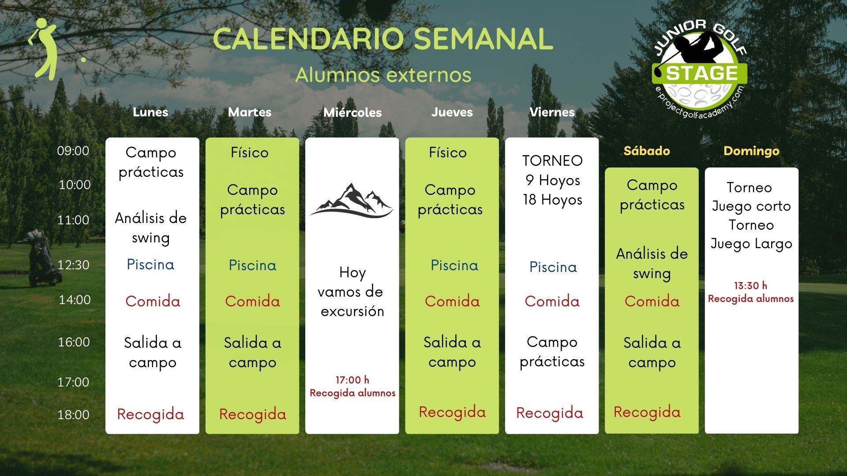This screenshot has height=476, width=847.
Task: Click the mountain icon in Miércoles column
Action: click(x=352, y=201)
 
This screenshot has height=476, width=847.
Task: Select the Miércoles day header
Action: click(x=352, y=112)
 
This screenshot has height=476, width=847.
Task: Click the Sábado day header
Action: click(x=647, y=151)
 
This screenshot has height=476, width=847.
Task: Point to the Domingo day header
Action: click(x=751, y=151)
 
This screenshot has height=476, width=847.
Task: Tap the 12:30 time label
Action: click(x=73, y=264)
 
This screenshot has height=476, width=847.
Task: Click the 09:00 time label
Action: click(x=73, y=151)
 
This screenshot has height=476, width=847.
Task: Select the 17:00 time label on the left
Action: click(x=73, y=382)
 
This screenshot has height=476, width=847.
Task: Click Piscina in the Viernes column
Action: click(x=553, y=267)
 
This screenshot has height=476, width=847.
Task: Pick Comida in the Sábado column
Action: click(x=652, y=301)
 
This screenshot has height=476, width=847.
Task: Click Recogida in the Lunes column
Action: click(x=150, y=414)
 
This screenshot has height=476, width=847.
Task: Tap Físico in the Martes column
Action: click(x=250, y=152)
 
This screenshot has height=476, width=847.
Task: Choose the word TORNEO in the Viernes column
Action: click(x=552, y=161)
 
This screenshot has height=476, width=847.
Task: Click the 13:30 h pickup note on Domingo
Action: click(x=751, y=292)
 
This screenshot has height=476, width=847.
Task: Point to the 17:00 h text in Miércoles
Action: click(x=352, y=380)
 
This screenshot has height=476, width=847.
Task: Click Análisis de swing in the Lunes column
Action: click(x=151, y=228)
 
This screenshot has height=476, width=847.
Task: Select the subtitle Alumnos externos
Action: click(x=383, y=74)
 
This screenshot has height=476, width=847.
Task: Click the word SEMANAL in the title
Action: click(x=483, y=38)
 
